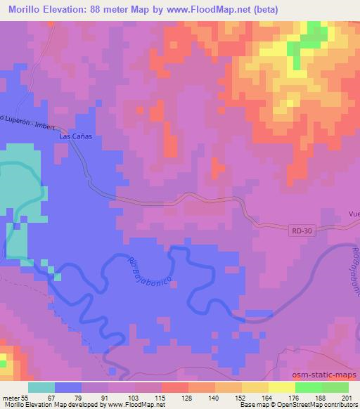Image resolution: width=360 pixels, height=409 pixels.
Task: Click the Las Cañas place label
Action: [75, 138]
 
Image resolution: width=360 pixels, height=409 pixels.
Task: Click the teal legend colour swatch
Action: [41, 387]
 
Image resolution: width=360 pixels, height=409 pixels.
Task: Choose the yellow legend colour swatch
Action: [282, 387]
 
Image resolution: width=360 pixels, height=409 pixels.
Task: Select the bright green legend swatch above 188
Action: [309, 387]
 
